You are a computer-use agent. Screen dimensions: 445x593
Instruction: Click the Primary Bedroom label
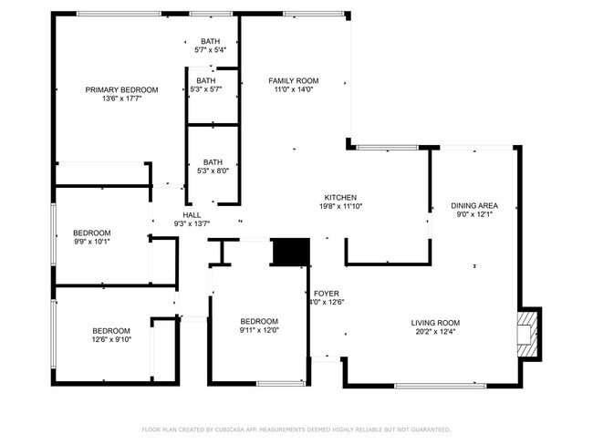point(121,89)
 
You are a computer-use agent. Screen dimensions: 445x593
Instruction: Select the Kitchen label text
point(340,197)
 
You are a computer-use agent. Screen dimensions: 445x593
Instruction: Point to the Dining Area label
point(474,205)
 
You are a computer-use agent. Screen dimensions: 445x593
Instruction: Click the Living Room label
point(435,323)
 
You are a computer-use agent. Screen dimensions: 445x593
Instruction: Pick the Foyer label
point(328,294)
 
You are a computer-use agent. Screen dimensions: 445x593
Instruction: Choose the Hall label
point(192,214)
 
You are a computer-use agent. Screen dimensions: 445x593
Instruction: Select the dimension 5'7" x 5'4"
point(211,50)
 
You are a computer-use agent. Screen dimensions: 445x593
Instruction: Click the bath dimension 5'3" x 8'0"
point(213,171)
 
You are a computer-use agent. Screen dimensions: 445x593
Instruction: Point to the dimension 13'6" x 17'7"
point(121,98)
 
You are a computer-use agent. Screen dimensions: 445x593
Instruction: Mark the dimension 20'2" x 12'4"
point(435,332)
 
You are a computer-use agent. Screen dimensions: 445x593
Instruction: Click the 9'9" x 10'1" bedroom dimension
point(92,242)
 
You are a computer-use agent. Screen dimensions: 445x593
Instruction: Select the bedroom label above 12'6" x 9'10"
point(110,331)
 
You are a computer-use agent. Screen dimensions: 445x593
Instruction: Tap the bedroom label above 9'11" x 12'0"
point(259,321)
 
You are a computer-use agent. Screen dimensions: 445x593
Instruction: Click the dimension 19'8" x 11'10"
point(340,206)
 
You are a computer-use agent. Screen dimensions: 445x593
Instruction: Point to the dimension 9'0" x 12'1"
point(474,214)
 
